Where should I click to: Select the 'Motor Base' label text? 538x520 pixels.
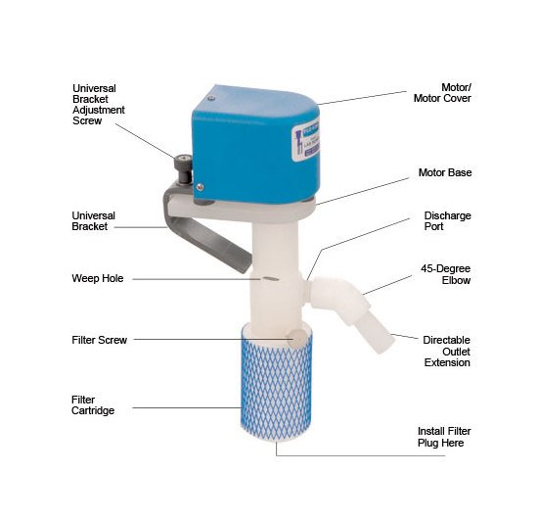tap(446, 172)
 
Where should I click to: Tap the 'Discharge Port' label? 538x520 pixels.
tap(447, 221)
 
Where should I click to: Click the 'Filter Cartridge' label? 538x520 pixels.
tap(95, 405)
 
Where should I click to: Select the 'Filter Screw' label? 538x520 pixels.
tap(100, 340)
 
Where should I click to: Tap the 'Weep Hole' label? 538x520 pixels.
tap(98, 278)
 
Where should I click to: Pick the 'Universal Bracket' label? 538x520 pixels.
tap(94, 221)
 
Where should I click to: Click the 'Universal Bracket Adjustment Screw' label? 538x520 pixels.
tap(100, 102)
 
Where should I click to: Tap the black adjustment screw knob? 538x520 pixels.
tap(181, 165)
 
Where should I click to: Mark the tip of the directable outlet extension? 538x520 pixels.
tap(387, 342)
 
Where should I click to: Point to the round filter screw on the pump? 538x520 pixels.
tap(294, 339)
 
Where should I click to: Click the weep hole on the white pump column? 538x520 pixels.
tap(268, 279)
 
